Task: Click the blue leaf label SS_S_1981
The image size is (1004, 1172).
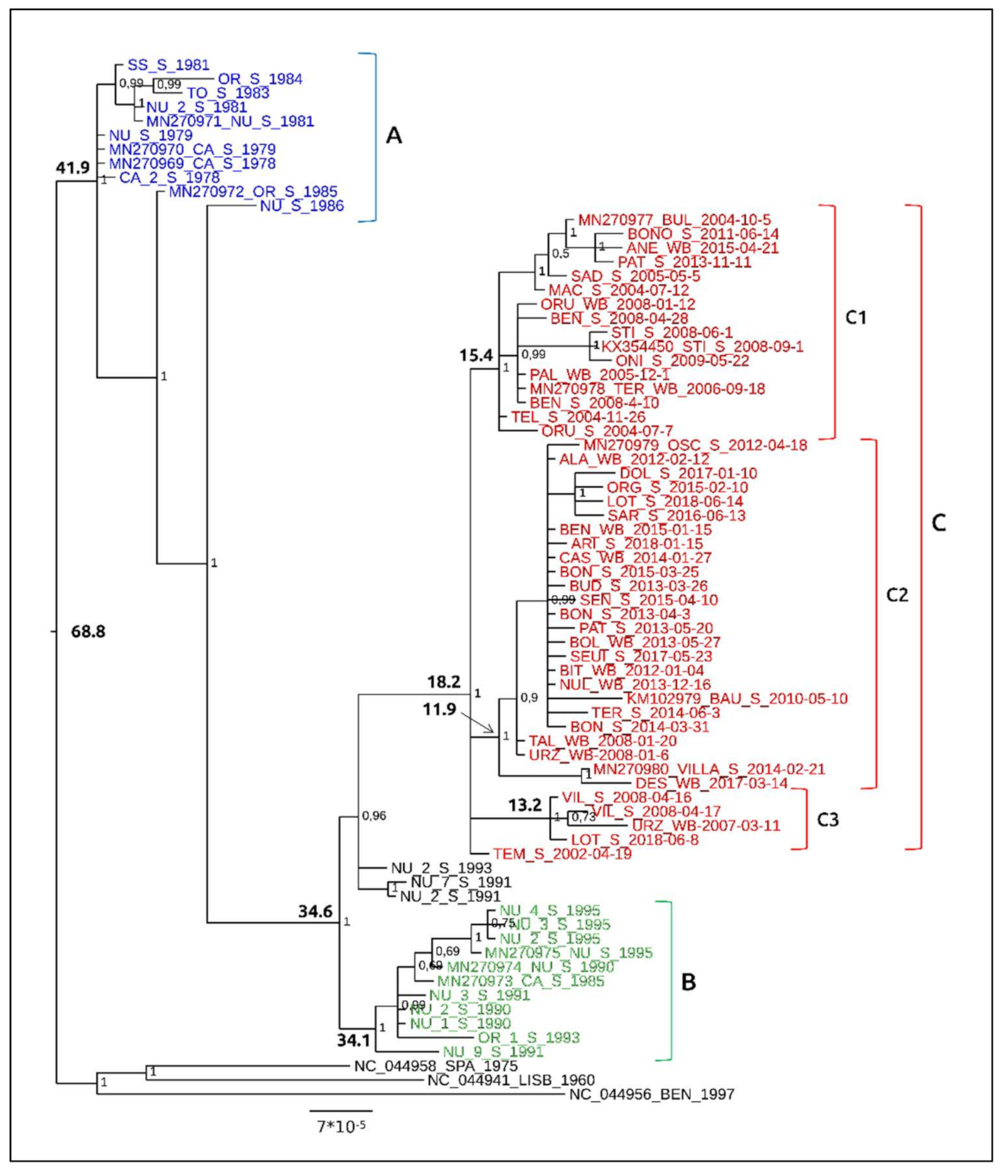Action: [x=168, y=65]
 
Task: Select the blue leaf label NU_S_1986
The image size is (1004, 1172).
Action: [x=301, y=206]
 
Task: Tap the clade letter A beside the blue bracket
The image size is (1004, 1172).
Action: [x=394, y=136]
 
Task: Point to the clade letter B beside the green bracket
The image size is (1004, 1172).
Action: [x=688, y=982]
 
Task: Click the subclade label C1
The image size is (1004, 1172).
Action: [x=855, y=318]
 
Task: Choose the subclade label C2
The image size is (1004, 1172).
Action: [x=897, y=595]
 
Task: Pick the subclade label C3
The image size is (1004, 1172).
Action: [x=827, y=820]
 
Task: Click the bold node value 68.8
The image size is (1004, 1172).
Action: [x=88, y=632]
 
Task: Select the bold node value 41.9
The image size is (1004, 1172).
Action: [x=73, y=168]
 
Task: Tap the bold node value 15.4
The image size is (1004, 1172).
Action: [x=476, y=355]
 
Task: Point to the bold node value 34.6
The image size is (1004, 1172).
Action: [x=315, y=911]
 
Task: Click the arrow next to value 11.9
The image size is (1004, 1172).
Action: [x=477, y=722]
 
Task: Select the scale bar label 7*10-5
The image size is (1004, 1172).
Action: [x=341, y=1126]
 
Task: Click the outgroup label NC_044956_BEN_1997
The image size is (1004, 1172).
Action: [x=651, y=1094]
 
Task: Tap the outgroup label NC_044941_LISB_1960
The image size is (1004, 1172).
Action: [x=510, y=1080]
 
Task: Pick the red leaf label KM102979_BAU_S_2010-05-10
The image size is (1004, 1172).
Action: [x=736, y=699]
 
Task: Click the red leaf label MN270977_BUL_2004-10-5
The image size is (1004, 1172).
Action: [x=674, y=220]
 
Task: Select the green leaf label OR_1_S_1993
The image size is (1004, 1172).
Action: [x=528, y=1037]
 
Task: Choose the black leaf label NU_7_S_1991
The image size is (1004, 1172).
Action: [x=461, y=882]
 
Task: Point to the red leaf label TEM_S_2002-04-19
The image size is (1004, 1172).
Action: [x=562, y=854]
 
